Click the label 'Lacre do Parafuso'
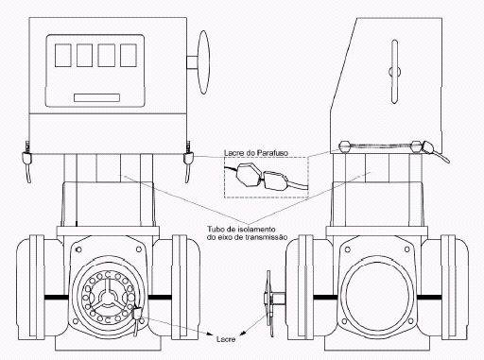point(256,153)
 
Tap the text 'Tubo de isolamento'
point(241,229)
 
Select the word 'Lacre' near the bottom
point(226,339)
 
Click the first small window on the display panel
point(63,55)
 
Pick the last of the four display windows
point(129,55)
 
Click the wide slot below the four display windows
point(96,97)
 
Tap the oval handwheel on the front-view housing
point(203,62)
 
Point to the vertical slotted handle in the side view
point(394,72)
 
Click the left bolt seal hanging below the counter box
point(26,162)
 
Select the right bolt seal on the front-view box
point(188,162)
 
